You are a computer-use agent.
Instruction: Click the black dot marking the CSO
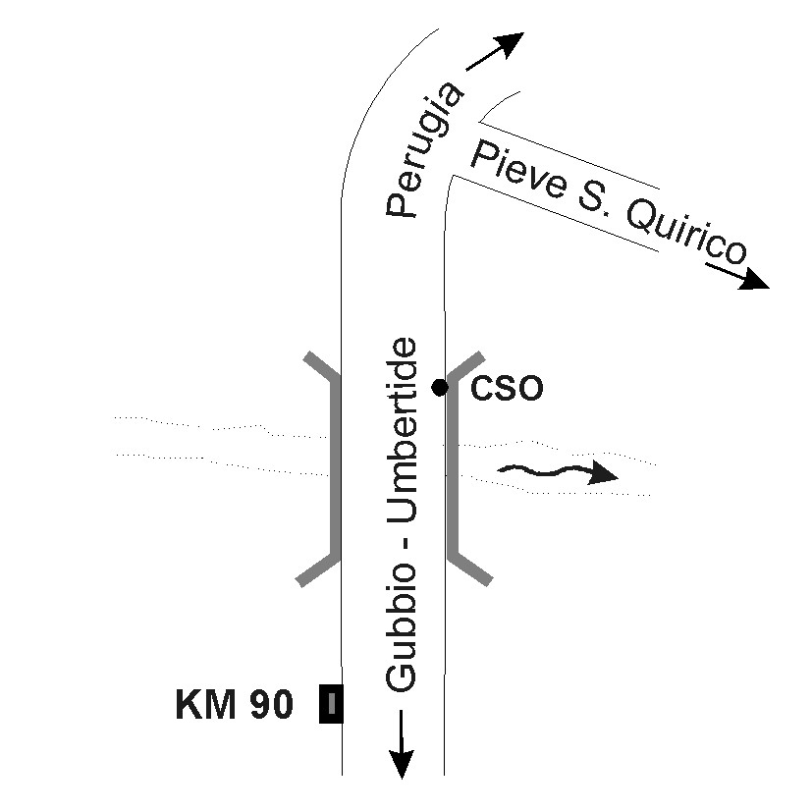(x=440, y=387)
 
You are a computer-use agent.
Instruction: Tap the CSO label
(x=507, y=388)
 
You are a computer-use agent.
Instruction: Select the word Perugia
(x=423, y=149)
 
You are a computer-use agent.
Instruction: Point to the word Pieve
(x=516, y=170)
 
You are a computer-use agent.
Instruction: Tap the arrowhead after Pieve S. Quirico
(x=755, y=279)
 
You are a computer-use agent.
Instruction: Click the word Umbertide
(x=402, y=430)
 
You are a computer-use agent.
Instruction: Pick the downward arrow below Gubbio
(x=402, y=744)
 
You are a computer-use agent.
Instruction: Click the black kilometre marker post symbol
(x=331, y=703)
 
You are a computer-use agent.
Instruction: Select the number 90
(x=272, y=704)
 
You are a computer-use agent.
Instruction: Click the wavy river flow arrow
(x=558, y=471)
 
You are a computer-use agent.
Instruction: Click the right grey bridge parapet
(x=453, y=466)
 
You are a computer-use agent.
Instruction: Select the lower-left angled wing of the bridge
(x=317, y=570)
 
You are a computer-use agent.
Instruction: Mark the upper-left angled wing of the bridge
(x=322, y=365)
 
